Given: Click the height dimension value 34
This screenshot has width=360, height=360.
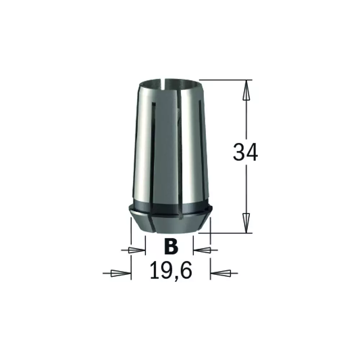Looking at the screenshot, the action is (245, 152).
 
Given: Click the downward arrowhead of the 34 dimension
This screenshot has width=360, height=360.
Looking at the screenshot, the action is (246, 223).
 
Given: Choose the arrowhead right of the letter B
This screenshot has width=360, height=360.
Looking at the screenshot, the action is (202, 250).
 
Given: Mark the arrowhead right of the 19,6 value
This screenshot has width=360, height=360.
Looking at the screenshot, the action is (220, 273).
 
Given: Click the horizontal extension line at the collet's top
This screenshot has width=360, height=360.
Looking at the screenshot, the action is (226, 80).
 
